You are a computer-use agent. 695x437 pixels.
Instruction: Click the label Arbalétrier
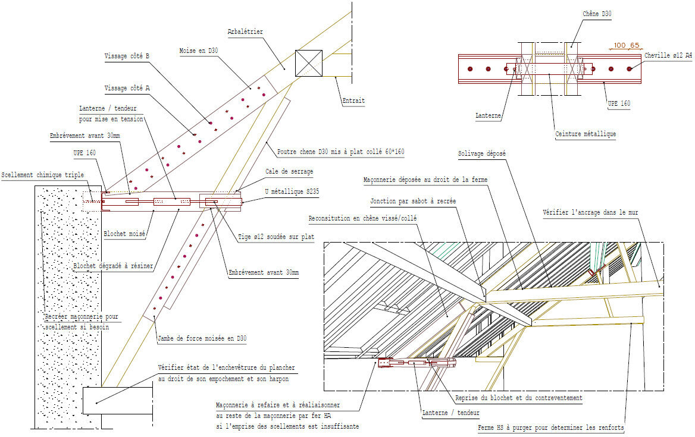245,32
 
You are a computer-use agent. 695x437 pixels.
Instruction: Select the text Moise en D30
199,51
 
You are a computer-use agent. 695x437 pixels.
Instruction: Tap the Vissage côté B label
127,56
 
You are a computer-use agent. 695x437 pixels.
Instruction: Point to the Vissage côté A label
127,88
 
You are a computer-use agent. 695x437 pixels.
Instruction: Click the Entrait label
353,101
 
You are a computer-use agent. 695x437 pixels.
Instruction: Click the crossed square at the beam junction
309,63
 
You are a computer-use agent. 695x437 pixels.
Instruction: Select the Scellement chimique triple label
42,175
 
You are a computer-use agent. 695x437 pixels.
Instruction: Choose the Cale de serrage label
289,171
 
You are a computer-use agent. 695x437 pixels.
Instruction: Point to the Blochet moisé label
125,234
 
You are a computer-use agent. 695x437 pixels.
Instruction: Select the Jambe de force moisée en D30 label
202,339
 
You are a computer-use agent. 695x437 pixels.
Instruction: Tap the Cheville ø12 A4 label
668,56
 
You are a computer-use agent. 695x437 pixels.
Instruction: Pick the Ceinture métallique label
585,134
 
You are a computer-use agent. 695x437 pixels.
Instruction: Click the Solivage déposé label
481,153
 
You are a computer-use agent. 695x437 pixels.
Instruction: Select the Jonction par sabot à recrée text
413,201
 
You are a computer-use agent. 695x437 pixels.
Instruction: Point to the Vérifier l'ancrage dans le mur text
590,212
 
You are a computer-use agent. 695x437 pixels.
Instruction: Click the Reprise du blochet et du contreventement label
518,398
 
